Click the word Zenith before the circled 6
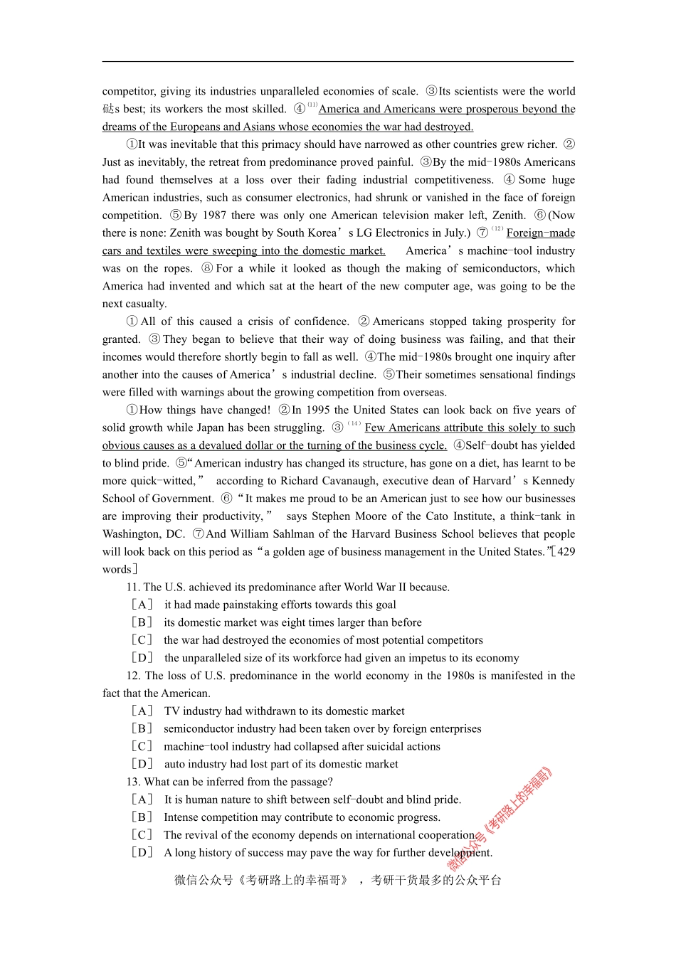[x=509, y=216]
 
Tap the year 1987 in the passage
[x=215, y=216]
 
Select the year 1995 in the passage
[x=317, y=410]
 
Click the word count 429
[x=566, y=552]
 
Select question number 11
[x=132, y=588]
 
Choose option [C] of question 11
[x=142, y=640]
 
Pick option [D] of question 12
[x=142, y=764]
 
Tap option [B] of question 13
[x=142, y=817]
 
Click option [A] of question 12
[x=142, y=711]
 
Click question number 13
[x=133, y=782]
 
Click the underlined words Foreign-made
[x=541, y=233]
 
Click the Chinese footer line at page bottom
[x=338, y=881]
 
